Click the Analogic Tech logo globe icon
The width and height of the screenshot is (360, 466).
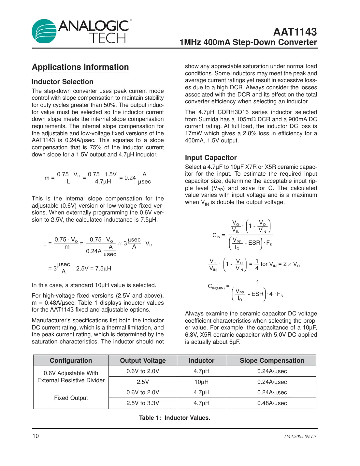tap(44, 31)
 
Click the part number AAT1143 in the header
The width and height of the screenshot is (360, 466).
tap(295, 32)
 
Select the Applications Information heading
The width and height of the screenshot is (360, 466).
tap(80, 67)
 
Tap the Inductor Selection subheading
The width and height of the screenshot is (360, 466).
tap(63, 82)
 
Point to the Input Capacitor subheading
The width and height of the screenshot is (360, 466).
tap(211, 158)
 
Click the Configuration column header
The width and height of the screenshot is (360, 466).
tap(71, 360)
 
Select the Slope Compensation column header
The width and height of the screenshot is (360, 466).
tap(272, 360)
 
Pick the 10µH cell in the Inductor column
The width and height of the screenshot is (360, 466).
tap(201, 382)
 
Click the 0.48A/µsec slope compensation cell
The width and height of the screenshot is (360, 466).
tap(272, 403)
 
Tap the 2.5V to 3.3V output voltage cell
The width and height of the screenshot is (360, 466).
tap(143, 403)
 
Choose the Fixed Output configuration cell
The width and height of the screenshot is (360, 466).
tap(71, 398)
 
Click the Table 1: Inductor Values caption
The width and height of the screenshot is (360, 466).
tap(174, 418)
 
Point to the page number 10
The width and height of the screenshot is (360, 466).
tap(36, 436)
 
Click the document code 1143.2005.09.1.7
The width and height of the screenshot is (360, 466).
tap(300, 436)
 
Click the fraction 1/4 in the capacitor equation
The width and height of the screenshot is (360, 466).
tap(257, 264)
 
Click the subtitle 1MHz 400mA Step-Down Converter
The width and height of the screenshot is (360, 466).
tap(248, 42)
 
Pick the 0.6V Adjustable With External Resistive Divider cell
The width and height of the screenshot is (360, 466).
tap(71, 377)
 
